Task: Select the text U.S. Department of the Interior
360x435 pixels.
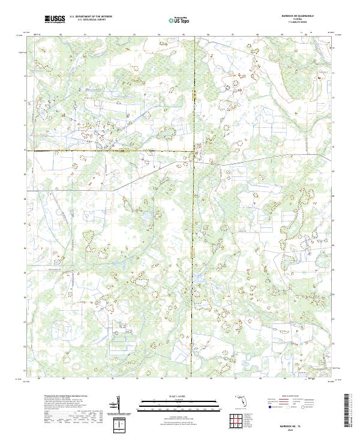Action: [91, 17]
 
